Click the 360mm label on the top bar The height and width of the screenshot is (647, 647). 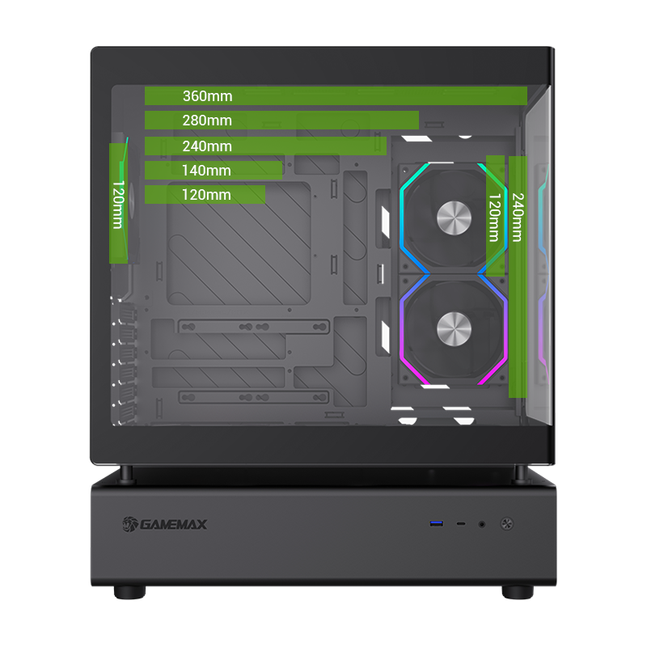(x=207, y=96)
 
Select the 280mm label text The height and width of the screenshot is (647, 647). (x=207, y=121)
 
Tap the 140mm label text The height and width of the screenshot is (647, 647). (x=207, y=171)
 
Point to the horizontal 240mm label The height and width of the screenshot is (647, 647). (x=207, y=146)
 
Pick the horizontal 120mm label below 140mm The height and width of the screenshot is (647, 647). (x=207, y=195)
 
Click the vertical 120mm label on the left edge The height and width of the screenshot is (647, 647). (x=118, y=205)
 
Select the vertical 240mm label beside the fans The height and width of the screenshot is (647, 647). (x=518, y=217)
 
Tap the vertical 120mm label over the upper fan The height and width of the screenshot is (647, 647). (x=493, y=217)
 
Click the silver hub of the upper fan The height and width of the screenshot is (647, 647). (x=454, y=217)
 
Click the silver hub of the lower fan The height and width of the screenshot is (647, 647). (x=454, y=328)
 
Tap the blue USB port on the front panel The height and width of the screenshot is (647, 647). (x=437, y=524)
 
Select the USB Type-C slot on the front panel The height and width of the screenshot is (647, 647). (x=461, y=524)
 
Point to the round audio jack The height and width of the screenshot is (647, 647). (x=483, y=524)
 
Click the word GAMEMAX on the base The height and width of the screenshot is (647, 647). (x=174, y=524)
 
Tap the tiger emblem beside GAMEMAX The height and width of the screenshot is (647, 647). (x=129, y=524)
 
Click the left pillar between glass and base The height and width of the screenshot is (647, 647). (x=128, y=474)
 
